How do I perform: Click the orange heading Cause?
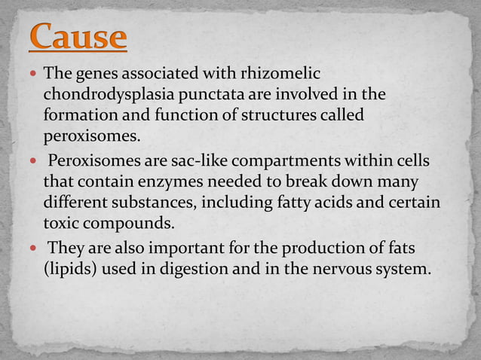[78, 37]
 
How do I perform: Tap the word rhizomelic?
[282, 75]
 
